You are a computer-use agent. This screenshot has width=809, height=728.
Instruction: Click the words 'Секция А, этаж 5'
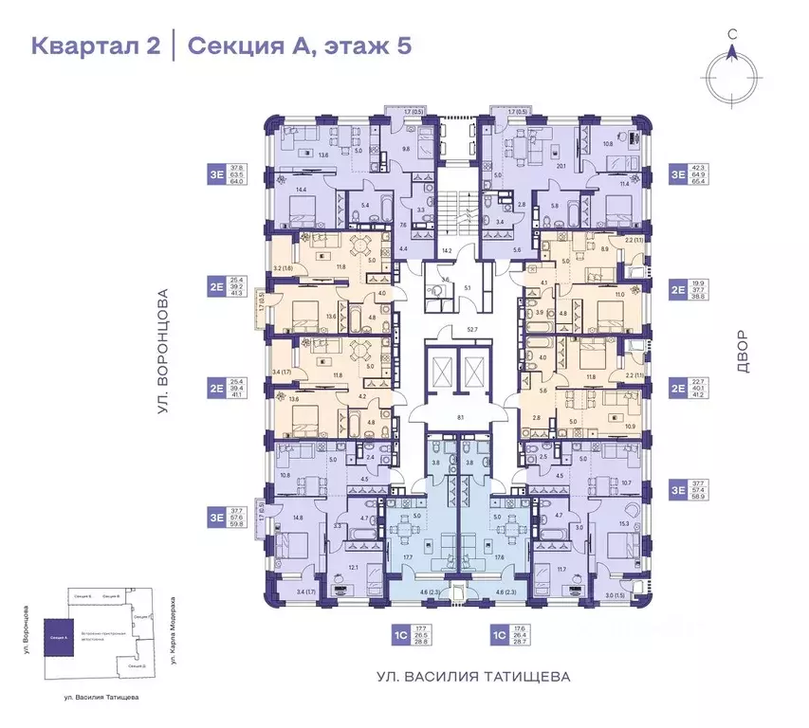tap(299, 45)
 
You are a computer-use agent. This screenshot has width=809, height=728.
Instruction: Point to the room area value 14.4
tap(302, 191)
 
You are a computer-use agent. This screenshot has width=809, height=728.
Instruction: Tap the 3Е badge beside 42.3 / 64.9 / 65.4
tap(678, 173)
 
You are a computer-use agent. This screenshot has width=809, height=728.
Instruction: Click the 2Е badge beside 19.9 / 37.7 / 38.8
tap(678, 289)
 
